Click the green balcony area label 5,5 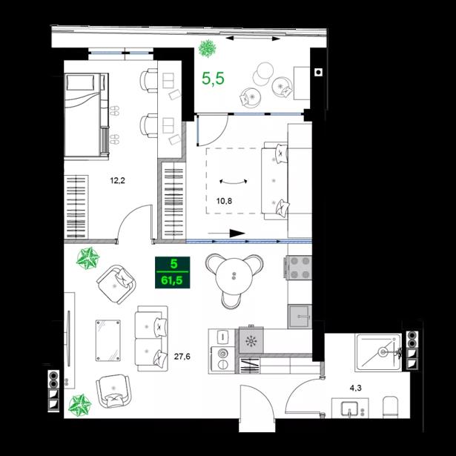213,79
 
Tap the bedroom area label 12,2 117,181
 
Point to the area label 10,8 224,201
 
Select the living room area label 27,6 182,356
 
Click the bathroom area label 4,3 355,388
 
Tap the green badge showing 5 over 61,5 173,273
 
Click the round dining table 234,276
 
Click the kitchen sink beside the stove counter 300,317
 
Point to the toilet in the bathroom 391,406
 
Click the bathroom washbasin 350,409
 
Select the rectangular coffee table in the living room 108,340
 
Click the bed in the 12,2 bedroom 86,116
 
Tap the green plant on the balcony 208,48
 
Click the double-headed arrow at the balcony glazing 253,38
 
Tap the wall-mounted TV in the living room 69,339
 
